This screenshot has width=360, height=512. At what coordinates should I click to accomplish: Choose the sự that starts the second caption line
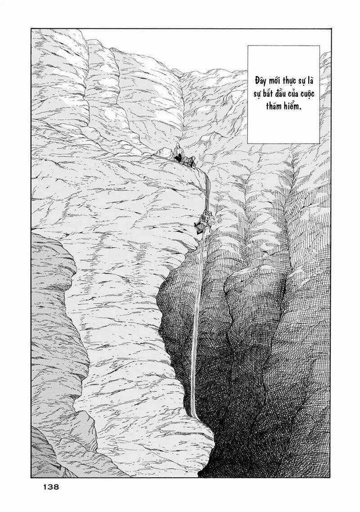(x=259, y=94)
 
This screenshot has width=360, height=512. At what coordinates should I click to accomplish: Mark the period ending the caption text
(x=300, y=110)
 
